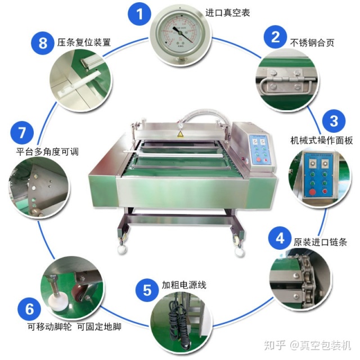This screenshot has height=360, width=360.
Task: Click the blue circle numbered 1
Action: (139, 13)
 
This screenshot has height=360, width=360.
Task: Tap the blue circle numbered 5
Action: (147, 290)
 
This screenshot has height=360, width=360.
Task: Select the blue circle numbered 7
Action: (22, 133)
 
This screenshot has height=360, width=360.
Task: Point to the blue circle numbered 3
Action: (334, 121)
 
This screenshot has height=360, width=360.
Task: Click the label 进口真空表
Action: (227, 12)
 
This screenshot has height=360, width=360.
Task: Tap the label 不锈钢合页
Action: (312, 43)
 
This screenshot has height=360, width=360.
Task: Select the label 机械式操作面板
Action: (321, 141)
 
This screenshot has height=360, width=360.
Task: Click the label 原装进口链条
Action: (320, 242)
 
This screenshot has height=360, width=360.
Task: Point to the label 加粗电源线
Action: (184, 285)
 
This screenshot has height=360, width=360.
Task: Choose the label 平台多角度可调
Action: (47, 151)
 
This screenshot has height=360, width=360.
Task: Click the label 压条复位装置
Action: (84, 43)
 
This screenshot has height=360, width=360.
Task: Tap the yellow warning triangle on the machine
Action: (180, 134)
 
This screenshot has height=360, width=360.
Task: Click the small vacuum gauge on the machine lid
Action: (181, 125)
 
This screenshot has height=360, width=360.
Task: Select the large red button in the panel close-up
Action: (312, 192)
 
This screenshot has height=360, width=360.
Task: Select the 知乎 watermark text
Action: (275, 345)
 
